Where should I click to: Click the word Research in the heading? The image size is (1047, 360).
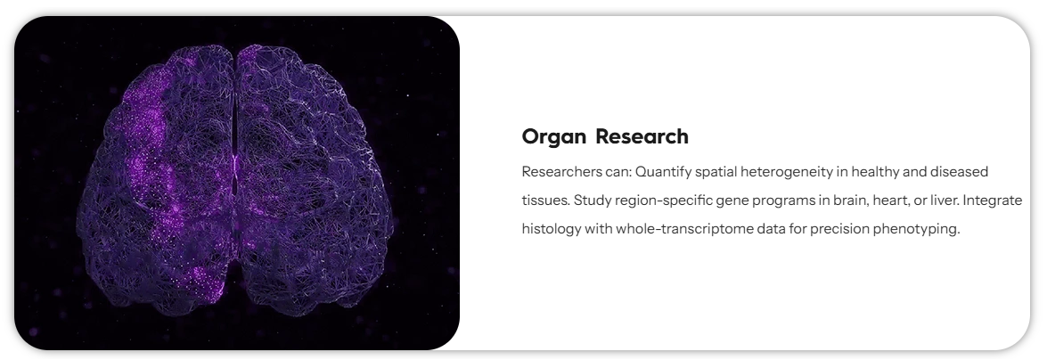point(642,137)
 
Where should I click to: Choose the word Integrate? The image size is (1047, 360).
point(991,200)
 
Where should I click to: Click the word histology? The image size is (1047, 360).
point(551,229)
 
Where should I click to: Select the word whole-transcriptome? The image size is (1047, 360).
point(681,229)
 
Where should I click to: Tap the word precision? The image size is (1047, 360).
point(839,229)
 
